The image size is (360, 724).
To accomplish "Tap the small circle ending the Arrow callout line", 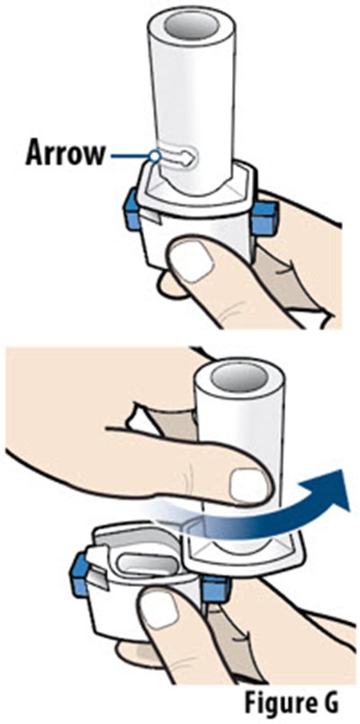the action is click(156, 157).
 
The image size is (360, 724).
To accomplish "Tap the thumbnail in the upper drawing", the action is click(192, 263).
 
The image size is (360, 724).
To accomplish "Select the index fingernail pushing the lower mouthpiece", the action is click(248, 484).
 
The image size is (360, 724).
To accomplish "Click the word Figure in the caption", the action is click(276, 703).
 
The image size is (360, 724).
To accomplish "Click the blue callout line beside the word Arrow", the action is click(131, 157).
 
